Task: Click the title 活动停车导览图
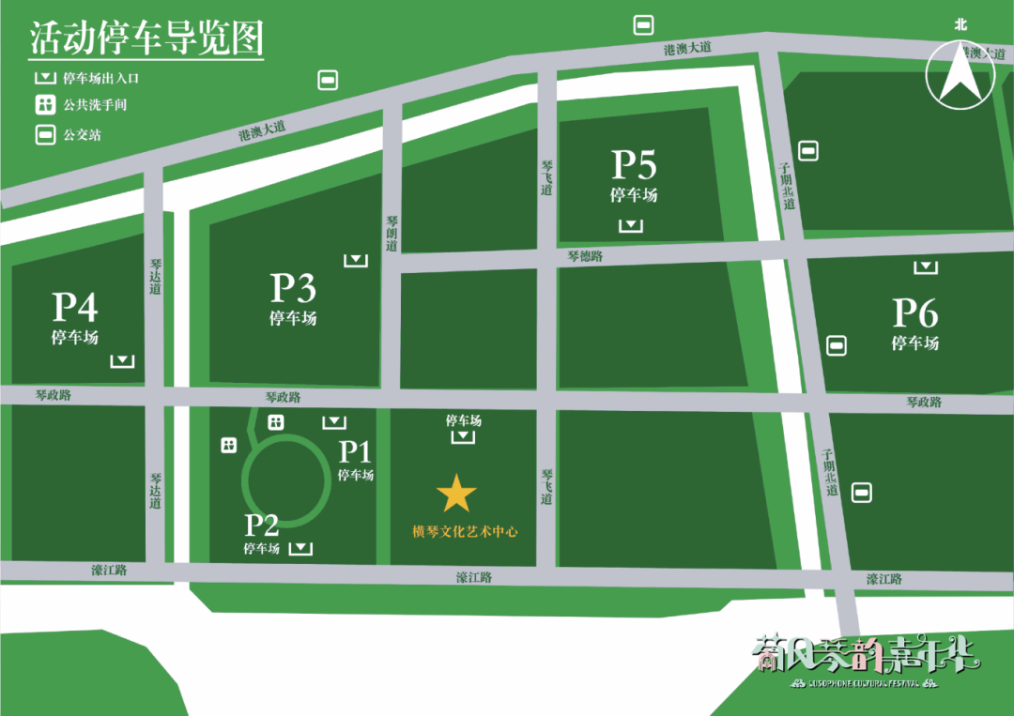coord(146,38)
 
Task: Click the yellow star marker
coord(456,493)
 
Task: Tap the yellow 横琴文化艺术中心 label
coord(466,532)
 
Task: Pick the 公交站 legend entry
coord(81,135)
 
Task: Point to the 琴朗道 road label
coord(392,234)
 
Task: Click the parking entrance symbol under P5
coord(632,225)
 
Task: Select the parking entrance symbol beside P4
coord(122,361)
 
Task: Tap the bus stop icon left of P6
coord(836,345)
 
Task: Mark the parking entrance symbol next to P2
coord(300,547)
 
